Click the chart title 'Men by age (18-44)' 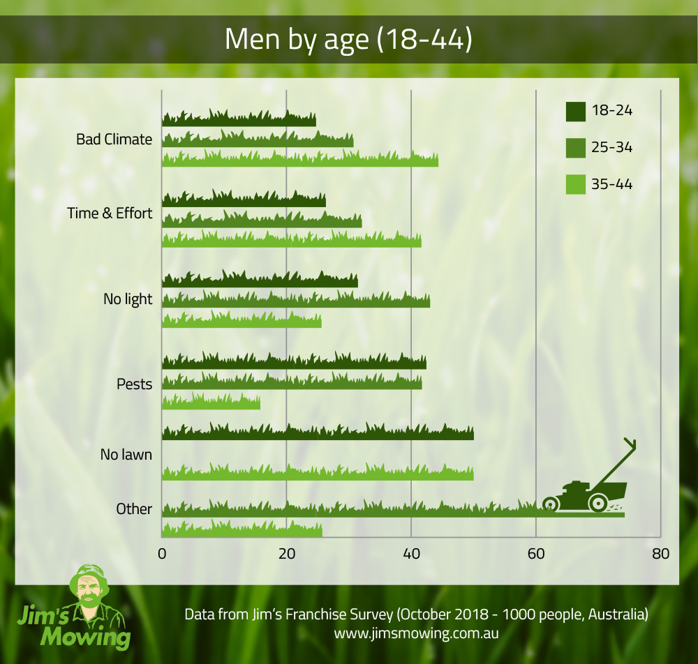[348, 40]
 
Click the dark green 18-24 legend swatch [575, 111]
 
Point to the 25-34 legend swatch [575, 148]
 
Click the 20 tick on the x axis [286, 554]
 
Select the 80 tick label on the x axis [660, 554]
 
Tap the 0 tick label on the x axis [162, 554]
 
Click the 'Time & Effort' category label [110, 213]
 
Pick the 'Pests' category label [134, 384]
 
